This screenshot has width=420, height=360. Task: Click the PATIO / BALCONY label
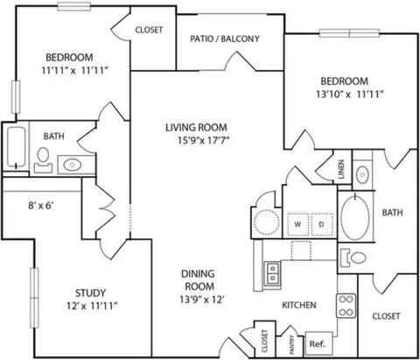225,39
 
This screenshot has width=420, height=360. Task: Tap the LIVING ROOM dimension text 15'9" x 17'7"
204,141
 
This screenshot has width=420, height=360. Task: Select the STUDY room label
90,293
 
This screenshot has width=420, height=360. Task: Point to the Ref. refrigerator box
318,343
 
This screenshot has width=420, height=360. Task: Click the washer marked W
297,224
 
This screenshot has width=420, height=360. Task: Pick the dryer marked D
322,224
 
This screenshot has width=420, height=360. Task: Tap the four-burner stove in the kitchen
346,306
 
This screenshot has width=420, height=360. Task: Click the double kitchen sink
273,272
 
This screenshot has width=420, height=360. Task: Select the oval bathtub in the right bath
355,216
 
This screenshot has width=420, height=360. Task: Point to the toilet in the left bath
43,160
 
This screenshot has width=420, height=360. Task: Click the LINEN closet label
341,169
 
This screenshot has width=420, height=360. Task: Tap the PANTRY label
292,345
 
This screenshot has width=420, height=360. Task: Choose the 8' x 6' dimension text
40,206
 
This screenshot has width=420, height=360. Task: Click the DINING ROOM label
199,280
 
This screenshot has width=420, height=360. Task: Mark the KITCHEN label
299,305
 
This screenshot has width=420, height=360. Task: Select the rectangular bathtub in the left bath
16,147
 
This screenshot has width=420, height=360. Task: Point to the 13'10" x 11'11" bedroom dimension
350,95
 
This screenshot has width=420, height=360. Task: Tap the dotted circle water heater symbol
266,222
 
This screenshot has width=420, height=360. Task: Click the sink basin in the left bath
72,165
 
